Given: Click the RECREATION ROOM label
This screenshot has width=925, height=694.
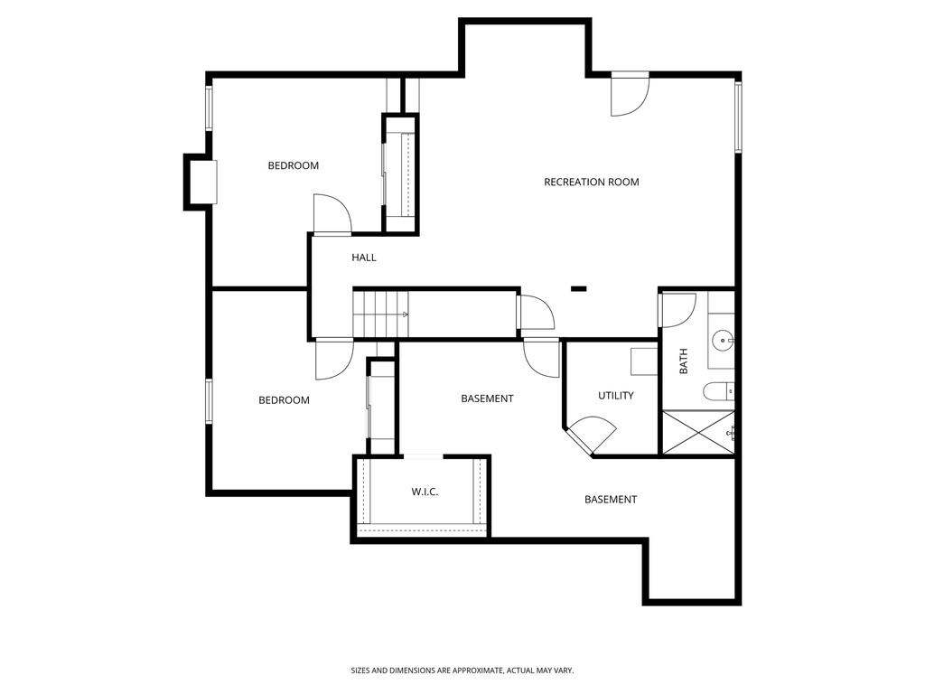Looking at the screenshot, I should pos(591,182).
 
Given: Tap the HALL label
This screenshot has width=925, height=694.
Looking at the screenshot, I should pos(364,258).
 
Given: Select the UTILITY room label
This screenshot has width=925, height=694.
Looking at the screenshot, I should pos(615,395).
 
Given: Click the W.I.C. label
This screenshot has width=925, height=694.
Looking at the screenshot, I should pos(425,492).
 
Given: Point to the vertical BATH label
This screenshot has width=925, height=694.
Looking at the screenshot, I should pos(683,362).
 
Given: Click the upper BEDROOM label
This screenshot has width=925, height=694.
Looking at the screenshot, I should pos(294,165).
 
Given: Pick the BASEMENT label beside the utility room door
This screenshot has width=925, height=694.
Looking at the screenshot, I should pos(487,399).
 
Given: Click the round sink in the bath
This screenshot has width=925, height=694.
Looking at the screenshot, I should pos(722,341).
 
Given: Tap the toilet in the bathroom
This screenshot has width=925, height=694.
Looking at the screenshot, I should pos(720,391).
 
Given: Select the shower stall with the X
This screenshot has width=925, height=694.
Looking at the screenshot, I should pos(698,432).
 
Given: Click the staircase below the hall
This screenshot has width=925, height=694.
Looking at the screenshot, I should pos(379,314).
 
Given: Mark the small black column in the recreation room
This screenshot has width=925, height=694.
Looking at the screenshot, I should pos(579,289).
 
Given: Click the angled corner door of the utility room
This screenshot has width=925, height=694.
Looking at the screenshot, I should pos(591,434).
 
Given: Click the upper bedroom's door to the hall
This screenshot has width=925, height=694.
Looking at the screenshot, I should pos(332,215).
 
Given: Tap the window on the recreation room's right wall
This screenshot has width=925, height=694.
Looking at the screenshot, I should pos(738,116).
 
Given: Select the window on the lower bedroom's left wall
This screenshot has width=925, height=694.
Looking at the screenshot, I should pos(209,401).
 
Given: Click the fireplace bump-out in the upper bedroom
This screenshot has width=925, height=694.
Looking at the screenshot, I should pos(201,182).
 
